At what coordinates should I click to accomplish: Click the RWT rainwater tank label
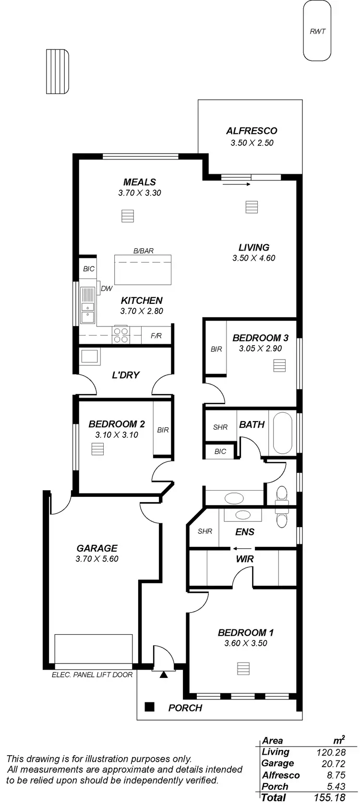[x=317, y=31]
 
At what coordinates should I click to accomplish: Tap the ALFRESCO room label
[x=252, y=131]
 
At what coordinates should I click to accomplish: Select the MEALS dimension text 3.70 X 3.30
[x=140, y=193]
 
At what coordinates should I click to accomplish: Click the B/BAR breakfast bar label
[x=143, y=251]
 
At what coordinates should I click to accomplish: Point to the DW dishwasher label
[x=107, y=289]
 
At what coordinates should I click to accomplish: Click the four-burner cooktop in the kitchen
[x=120, y=335]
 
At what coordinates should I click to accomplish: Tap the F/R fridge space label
[x=156, y=336]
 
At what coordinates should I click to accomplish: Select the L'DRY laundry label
[x=125, y=375]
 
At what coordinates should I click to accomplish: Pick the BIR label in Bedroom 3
[x=216, y=349]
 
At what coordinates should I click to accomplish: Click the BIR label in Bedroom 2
[x=163, y=430]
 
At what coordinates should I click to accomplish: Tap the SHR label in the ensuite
[x=204, y=531]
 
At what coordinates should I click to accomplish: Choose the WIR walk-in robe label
[x=245, y=559]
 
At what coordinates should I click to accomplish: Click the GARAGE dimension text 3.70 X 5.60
[x=97, y=559]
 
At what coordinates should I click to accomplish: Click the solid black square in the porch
[x=149, y=707]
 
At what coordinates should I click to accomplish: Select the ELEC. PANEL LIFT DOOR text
[x=92, y=675]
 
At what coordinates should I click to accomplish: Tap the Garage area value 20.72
[x=331, y=763]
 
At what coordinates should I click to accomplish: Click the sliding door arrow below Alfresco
[x=237, y=184]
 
